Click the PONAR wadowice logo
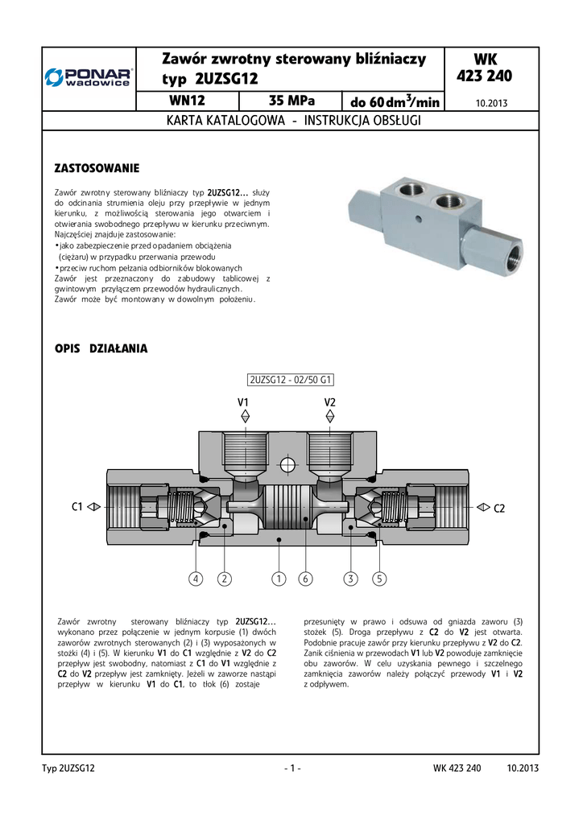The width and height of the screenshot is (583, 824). pos(89,77)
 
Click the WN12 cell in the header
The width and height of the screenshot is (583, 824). pos(188,101)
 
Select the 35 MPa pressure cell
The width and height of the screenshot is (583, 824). pos(291,101)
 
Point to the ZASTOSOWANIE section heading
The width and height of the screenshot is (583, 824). pos(97,168)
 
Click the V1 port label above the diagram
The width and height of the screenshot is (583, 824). pos(243,401)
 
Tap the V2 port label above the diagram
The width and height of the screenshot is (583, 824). pos(329,401)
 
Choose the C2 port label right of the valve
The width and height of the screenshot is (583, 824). pos(498,508)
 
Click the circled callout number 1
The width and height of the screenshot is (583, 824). pos(279,579)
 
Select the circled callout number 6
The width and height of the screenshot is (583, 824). pos(305,579)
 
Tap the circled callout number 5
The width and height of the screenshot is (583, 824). pos(380,579)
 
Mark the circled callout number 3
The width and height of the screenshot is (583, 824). pos(350,579)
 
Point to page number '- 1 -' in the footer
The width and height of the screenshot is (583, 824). pos(292,768)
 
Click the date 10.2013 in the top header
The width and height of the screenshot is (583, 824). pos(491,103)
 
